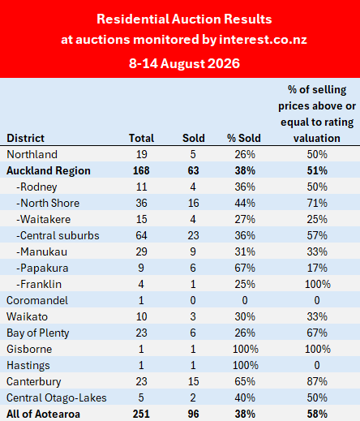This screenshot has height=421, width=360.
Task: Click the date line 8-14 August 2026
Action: (184, 64)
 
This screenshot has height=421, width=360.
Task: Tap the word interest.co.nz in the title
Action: (263, 40)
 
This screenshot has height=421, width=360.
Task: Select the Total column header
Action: (141, 138)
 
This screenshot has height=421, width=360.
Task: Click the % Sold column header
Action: (244, 138)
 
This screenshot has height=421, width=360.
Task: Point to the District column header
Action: (25, 138)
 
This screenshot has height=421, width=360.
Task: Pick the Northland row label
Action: (32, 154)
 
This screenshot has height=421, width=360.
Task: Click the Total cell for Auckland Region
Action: (141, 170)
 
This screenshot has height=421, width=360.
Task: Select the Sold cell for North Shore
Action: (194, 203)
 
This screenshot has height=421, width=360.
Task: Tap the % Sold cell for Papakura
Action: (245, 268)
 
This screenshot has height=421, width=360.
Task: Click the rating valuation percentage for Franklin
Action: (318, 284)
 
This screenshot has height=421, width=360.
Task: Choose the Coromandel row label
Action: (37, 300)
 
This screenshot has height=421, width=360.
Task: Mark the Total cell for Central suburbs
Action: (141, 235)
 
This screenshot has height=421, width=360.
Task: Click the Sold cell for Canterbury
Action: (194, 381)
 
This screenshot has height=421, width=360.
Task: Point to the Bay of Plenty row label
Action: (38, 333)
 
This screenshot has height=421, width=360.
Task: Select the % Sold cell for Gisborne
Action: (246, 349)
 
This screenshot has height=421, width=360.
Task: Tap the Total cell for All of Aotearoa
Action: (141, 414)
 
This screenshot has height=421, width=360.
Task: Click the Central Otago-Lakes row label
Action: (57, 397)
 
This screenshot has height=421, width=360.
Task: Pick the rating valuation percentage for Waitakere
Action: (317, 219)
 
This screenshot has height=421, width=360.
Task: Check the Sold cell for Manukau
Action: (193, 251)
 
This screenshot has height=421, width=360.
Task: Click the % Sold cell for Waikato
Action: (245, 316)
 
